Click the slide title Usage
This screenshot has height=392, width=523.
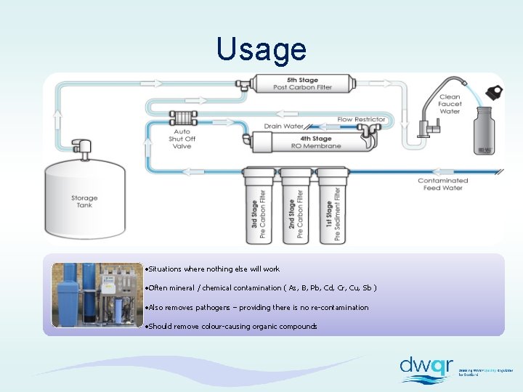[x=261, y=49]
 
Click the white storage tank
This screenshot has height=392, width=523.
[x=84, y=200]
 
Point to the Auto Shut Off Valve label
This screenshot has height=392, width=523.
[x=182, y=139]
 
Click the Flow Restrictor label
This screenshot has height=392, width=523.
[x=361, y=120]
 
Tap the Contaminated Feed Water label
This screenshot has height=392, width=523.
[x=442, y=184]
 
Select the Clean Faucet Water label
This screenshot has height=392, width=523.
[x=450, y=104]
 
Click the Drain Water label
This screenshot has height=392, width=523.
[x=283, y=126]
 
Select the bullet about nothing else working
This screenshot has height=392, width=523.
[x=213, y=269]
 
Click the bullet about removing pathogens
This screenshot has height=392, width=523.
[x=257, y=308]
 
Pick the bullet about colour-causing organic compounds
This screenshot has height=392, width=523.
[x=232, y=327]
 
